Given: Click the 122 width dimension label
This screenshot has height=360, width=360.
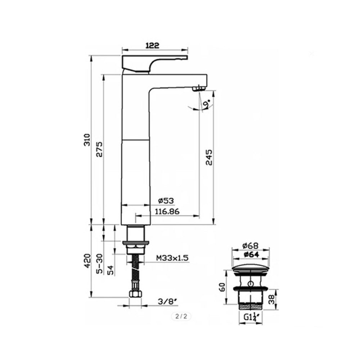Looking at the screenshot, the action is click(x=152, y=45).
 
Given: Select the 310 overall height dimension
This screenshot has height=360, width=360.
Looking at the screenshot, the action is click(x=87, y=140).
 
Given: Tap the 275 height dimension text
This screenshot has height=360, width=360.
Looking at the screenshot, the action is click(x=99, y=149).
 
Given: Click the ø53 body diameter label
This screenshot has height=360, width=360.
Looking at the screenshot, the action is click(x=166, y=201).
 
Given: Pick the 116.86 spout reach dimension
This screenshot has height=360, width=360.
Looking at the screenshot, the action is click(x=167, y=211).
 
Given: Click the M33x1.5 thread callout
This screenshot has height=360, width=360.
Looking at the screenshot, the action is click(x=172, y=258).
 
